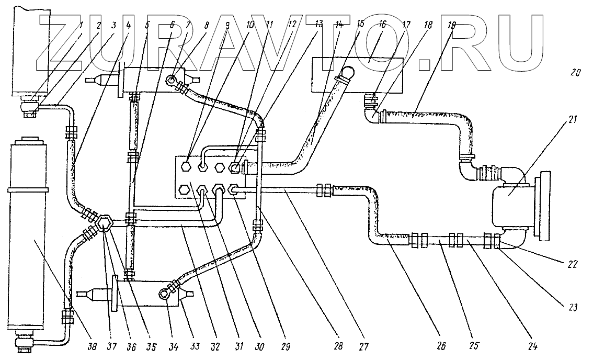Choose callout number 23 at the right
[573, 308]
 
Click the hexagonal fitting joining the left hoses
[105, 223]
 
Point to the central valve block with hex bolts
[215, 177]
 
